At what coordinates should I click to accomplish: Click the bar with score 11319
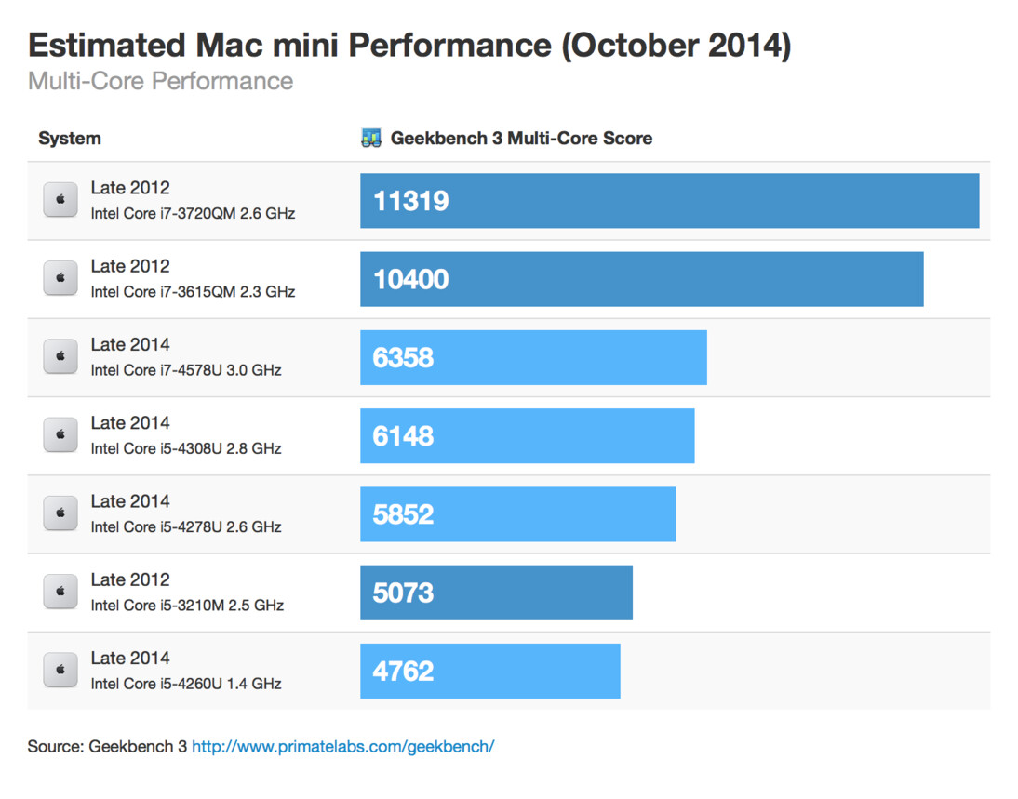click(x=669, y=201)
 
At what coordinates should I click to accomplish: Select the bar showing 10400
click(x=641, y=279)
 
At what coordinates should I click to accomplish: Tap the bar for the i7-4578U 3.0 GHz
click(x=533, y=357)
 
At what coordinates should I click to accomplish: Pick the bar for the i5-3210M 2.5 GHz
click(x=496, y=593)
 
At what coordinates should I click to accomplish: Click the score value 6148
click(x=403, y=436)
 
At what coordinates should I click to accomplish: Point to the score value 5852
click(x=403, y=514)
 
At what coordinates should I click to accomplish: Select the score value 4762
click(x=403, y=671)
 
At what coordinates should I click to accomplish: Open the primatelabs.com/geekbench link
click(x=342, y=747)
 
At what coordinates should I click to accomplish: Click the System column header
click(x=70, y=139)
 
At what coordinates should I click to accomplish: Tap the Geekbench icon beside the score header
click(x=371, y=139)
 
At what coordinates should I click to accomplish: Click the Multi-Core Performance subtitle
click(x=160, y=81)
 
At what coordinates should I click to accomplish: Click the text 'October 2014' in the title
click(x=676, y=46)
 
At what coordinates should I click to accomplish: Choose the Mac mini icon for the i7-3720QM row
click(x=60, y=200)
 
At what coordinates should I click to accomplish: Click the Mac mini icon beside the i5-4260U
click(x=60, y=670)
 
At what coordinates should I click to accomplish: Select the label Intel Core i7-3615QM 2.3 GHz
click(x=193, y=292)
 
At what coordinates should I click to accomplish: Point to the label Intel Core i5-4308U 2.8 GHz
click(x=186, y=448)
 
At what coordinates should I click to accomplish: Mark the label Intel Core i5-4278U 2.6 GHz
click(x=186, y=526)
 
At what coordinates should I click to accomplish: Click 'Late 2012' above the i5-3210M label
click(x=130, y=579)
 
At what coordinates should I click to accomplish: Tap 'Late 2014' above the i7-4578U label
click(x=130, y=344)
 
